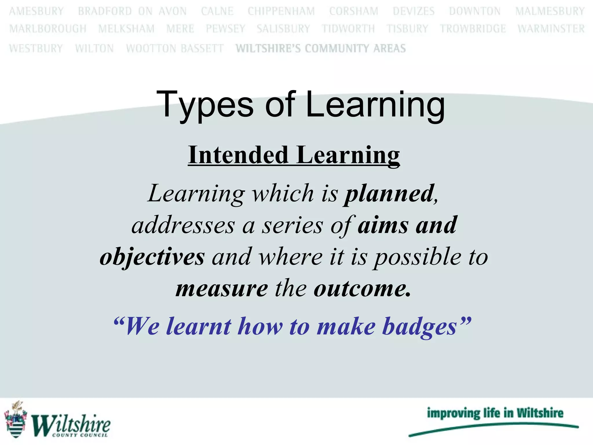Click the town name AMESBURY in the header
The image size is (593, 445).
pos(36,11)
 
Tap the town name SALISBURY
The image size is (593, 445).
pos(283,29)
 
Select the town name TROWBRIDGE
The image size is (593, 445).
pos(473,29)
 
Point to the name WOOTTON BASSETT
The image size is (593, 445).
pos(175,48)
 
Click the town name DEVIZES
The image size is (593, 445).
pos(413,11)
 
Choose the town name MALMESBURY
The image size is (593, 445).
pos(550,11)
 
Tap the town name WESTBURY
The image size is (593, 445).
pos(36,48)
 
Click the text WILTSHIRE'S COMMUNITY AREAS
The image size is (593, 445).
pos(321,48)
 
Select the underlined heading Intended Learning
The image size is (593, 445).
pos(294,156)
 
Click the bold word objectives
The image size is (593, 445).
pos(152,257)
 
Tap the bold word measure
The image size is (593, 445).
pos(222,289)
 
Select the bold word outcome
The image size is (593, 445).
pos(362,289)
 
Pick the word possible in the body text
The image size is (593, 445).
pos(417,257)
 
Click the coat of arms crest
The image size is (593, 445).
pos(15,420)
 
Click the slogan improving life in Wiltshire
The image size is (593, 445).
pos(495,413)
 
